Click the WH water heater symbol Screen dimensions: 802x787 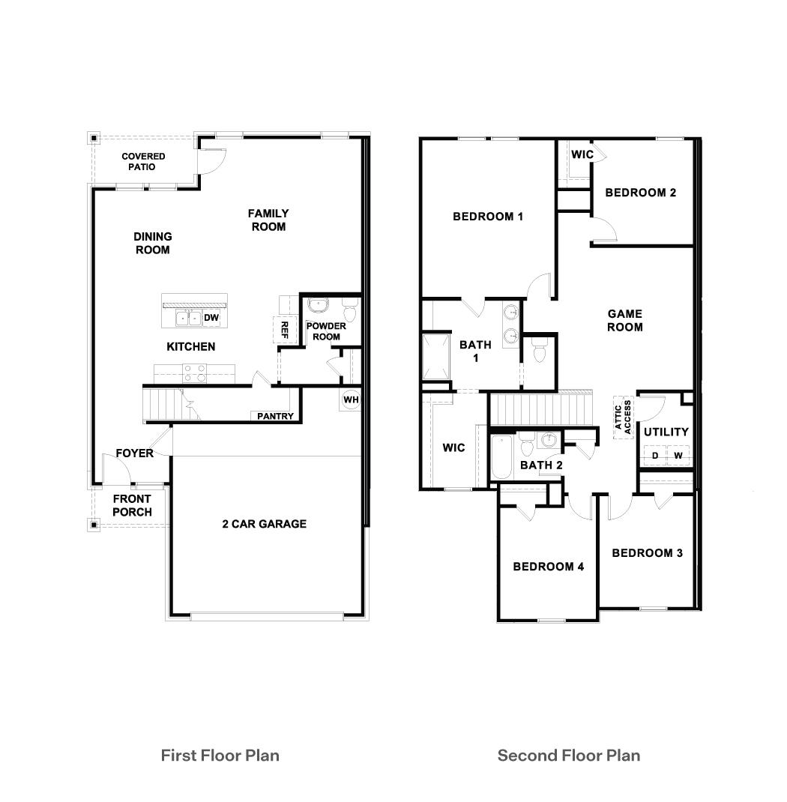coord(351,400)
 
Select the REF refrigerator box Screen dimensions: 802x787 coord(284,328)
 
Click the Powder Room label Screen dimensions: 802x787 coord(326,331)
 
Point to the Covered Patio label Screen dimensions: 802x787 coord(143,161)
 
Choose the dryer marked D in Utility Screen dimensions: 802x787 coord(654,456)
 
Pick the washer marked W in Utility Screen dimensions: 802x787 coord(678,456)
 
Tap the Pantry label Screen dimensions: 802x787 coord(275,416)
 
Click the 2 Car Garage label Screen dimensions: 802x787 coord(264,524)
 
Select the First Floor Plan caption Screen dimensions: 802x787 coord(220,755)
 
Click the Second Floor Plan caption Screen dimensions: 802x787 coord(569,755)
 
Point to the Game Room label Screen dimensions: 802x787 coord(624,321)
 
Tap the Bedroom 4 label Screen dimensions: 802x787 coord(548,567)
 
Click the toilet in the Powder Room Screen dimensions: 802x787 coord(349,310)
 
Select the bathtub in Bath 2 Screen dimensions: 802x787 coord(500,456)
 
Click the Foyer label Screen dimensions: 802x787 coord(134,453)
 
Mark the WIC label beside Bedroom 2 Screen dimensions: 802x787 coord(582,154)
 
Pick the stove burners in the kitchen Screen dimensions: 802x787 coord(193,369)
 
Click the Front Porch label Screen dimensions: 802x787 coord(132,505)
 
